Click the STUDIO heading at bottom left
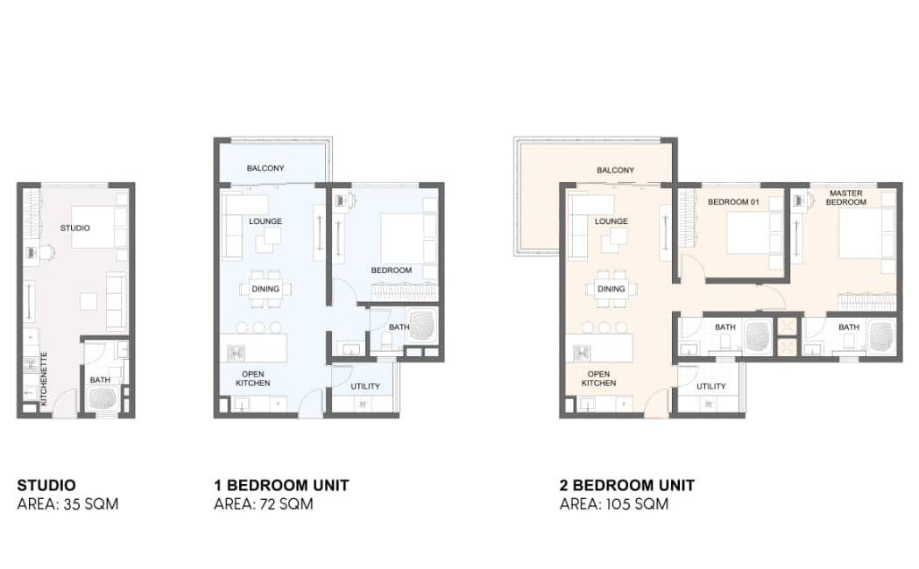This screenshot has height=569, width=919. [46, 485]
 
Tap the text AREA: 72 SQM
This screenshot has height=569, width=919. [263, 504]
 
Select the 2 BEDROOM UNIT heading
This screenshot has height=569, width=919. [627, 485]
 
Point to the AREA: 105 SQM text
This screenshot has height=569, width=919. [613, 504]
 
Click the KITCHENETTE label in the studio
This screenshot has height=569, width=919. [44, 379]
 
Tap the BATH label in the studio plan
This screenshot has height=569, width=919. [100, 380]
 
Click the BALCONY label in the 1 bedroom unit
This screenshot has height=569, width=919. [265, 168]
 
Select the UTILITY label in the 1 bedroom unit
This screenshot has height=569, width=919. [365, 386]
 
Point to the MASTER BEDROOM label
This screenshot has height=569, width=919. [845, 197]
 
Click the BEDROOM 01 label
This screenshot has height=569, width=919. [733, 202]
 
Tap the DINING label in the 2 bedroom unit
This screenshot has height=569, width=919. [611, 289]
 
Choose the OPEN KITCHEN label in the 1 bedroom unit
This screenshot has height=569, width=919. [253, 378]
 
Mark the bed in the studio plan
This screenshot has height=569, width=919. [99, 227]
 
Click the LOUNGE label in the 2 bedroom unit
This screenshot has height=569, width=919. [611, 221]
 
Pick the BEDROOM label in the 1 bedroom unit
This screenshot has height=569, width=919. [392, 270]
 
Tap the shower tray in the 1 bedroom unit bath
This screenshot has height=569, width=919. [422, 326]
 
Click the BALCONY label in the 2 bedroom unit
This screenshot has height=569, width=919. [615, 171]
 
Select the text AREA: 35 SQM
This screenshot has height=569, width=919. [68, 504]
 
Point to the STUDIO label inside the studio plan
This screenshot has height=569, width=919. [75, 228]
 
